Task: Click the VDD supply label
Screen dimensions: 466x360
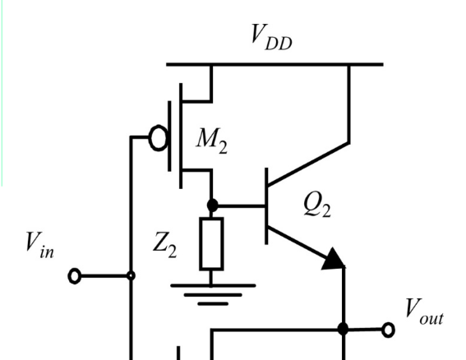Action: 271,37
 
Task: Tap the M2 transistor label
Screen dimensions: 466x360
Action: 212,141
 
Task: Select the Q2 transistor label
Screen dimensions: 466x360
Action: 317,205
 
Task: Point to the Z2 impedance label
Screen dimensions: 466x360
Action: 164,245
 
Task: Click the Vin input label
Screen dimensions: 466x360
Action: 39,245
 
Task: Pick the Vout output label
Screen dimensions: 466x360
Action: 424,312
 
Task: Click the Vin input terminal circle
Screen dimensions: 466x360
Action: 75,276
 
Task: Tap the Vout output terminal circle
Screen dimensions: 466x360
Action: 388,330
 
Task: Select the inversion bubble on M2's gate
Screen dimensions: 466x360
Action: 159,138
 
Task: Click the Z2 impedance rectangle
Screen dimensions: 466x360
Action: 211,244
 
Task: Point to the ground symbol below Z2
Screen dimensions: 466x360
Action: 213,294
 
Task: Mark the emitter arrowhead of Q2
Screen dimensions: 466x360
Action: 335,260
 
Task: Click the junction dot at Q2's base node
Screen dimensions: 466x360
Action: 212,205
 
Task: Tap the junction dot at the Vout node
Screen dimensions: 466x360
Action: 344,330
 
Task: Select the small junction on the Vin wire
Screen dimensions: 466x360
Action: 131,276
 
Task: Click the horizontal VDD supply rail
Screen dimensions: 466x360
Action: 275,64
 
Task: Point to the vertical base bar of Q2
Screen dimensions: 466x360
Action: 266,206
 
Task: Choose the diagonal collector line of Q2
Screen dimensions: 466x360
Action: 308,164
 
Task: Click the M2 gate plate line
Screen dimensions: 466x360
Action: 169,136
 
